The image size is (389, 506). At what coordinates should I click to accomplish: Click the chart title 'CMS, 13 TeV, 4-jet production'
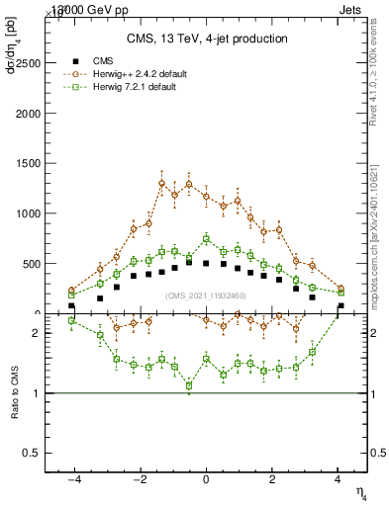(x=207, y=39)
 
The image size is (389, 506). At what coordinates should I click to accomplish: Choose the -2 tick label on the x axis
(x=139, y=478)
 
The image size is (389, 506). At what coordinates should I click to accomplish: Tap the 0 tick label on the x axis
(x=206, y=478)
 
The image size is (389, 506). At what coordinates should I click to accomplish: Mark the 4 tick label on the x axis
(x=340, y=478)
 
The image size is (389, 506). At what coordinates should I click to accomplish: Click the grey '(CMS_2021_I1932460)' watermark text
(x=207, y=295)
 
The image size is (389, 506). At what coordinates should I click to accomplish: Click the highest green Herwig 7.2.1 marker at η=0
(x=206, y=239)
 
